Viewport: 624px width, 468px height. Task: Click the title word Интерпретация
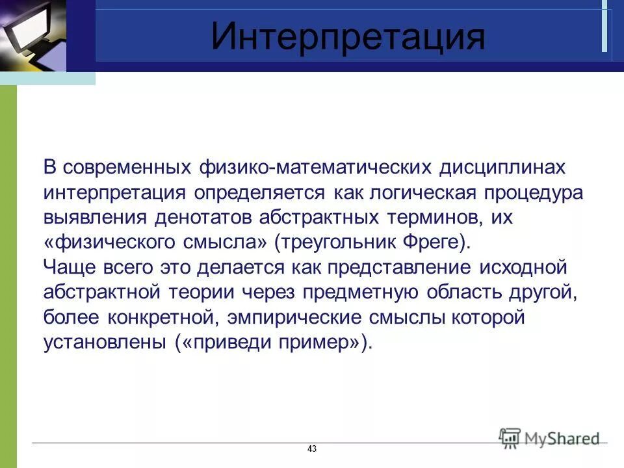[348, 37]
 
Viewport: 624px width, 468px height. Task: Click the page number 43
[311, 449]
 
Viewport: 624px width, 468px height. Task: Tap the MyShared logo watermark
[549, 437]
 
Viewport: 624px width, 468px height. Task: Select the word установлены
[105, 343]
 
